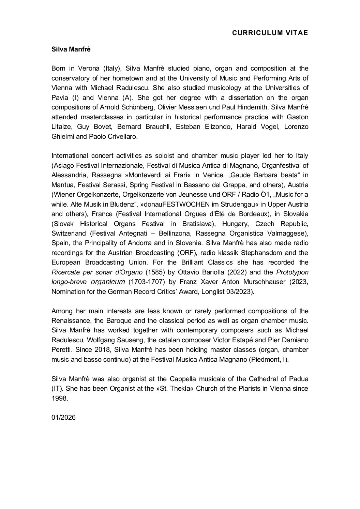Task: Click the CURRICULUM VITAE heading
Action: pos(270,33)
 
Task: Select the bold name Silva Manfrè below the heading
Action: pos(71,49)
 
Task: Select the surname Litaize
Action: pos(62,126)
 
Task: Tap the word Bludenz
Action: pos(123,204)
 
